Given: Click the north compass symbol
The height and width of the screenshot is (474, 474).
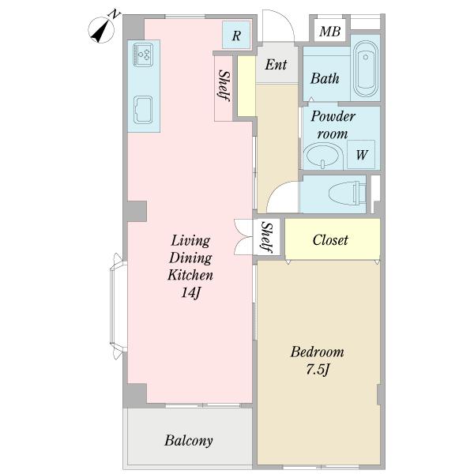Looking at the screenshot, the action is pos(102,28).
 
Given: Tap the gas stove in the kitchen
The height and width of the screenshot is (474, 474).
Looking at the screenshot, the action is pos(143,55).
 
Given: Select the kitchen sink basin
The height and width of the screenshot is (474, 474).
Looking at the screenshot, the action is pos(143,110).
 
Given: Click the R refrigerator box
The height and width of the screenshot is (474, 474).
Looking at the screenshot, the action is pos(236,35).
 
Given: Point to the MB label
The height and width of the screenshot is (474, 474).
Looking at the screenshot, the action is pos(329,31).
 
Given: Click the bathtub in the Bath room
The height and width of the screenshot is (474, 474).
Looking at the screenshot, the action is pos(365,68).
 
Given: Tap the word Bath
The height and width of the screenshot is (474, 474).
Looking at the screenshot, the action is pos(325,78).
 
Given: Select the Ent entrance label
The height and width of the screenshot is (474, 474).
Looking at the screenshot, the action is pos(276,64).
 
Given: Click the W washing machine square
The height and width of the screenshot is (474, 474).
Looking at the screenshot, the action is pos(361,154).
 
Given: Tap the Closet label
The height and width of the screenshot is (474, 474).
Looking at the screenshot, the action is pos(330,240).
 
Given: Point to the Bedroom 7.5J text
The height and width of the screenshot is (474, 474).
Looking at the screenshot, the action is pos(318,360).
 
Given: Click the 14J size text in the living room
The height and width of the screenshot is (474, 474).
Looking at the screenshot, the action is pos(190,292).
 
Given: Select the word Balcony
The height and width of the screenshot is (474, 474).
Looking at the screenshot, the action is pos(189,441).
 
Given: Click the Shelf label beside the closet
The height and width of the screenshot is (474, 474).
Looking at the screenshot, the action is pos(268,238).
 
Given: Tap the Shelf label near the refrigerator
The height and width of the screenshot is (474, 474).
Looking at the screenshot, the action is pos(224,86).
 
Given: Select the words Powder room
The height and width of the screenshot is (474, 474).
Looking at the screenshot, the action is pos(333,125).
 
